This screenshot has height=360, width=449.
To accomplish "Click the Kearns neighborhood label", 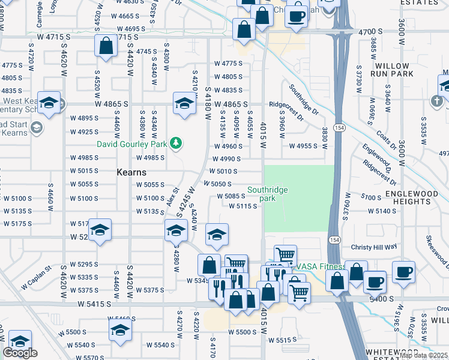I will (128, 172).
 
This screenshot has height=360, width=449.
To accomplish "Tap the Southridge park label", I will (268, 194).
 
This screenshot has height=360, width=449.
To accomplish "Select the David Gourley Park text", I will (133, 143).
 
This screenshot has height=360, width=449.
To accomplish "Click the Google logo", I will (20, 353).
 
